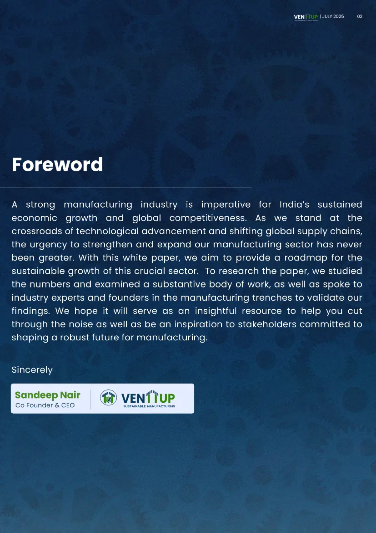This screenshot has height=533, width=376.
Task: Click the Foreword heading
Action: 57,164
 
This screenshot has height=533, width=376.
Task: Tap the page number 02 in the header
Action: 360,16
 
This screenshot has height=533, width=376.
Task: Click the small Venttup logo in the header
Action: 306,17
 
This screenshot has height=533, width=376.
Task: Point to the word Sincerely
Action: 32,370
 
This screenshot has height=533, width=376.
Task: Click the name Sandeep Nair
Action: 47,395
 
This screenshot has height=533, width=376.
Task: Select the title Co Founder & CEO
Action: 45,405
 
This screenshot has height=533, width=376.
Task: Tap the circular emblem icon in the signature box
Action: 108,398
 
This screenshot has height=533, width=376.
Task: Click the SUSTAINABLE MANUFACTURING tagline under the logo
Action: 149,406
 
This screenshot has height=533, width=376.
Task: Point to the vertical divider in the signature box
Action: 90,399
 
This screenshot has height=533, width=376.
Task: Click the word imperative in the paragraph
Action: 226,205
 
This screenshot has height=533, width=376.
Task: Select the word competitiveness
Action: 208,218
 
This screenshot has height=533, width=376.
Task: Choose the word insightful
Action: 216,311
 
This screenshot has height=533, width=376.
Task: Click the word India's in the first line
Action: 294,205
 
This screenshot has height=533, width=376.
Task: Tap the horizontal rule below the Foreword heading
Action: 125,188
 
